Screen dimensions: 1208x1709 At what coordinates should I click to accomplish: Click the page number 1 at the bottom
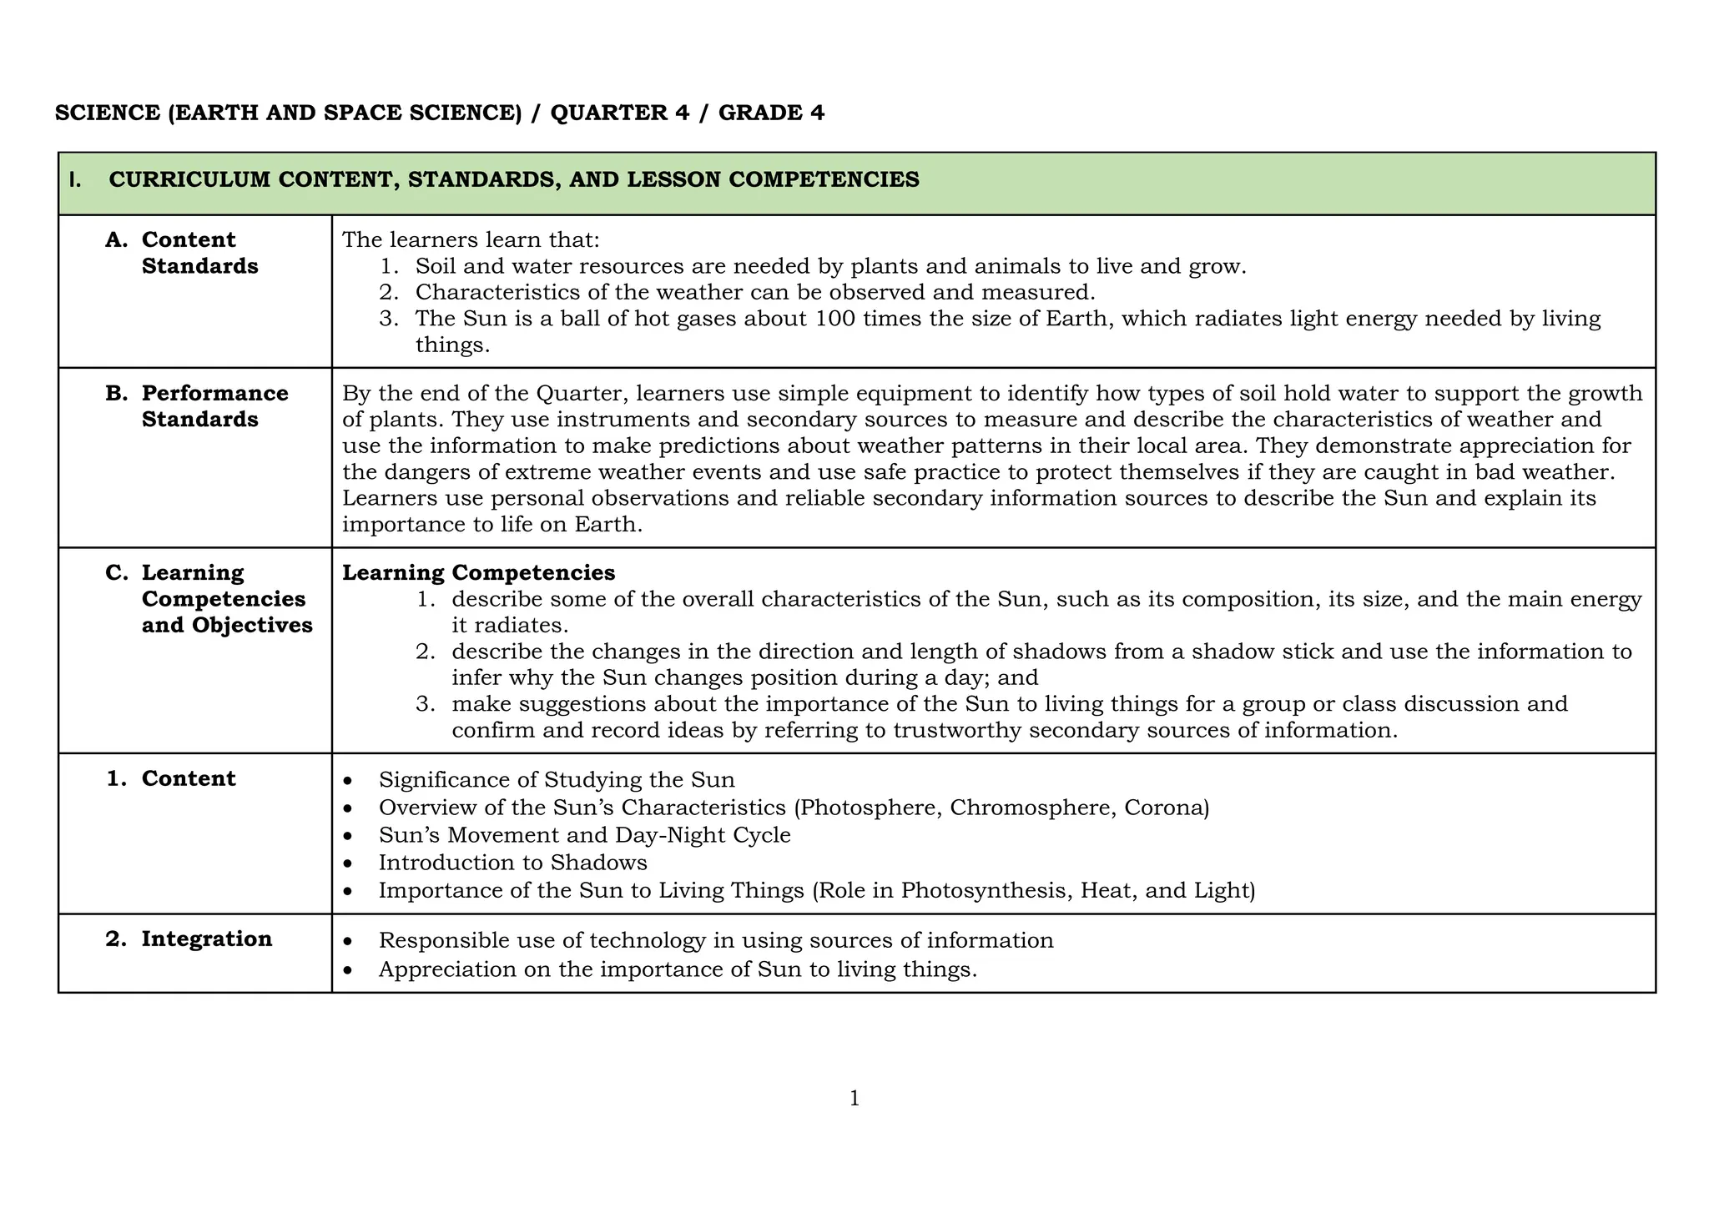[x=854, y=1099]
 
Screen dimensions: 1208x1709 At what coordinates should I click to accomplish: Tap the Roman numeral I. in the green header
[x=75, y=179]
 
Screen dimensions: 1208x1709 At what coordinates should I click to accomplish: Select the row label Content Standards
[x=199, y=253]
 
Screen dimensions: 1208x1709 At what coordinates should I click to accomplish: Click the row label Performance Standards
[x=214, y=405]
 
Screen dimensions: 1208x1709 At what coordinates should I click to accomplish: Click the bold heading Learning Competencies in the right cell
[x=479, y=572]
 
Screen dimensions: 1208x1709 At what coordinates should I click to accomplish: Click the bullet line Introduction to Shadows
[x=512, y=862]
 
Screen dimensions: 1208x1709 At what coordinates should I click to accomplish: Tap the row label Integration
[x=206, y=939]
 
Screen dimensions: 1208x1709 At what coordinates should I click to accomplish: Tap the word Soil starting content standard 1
[x=435, y=267]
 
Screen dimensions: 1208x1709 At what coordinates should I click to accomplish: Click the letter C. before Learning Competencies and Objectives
[x=117, y=573]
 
